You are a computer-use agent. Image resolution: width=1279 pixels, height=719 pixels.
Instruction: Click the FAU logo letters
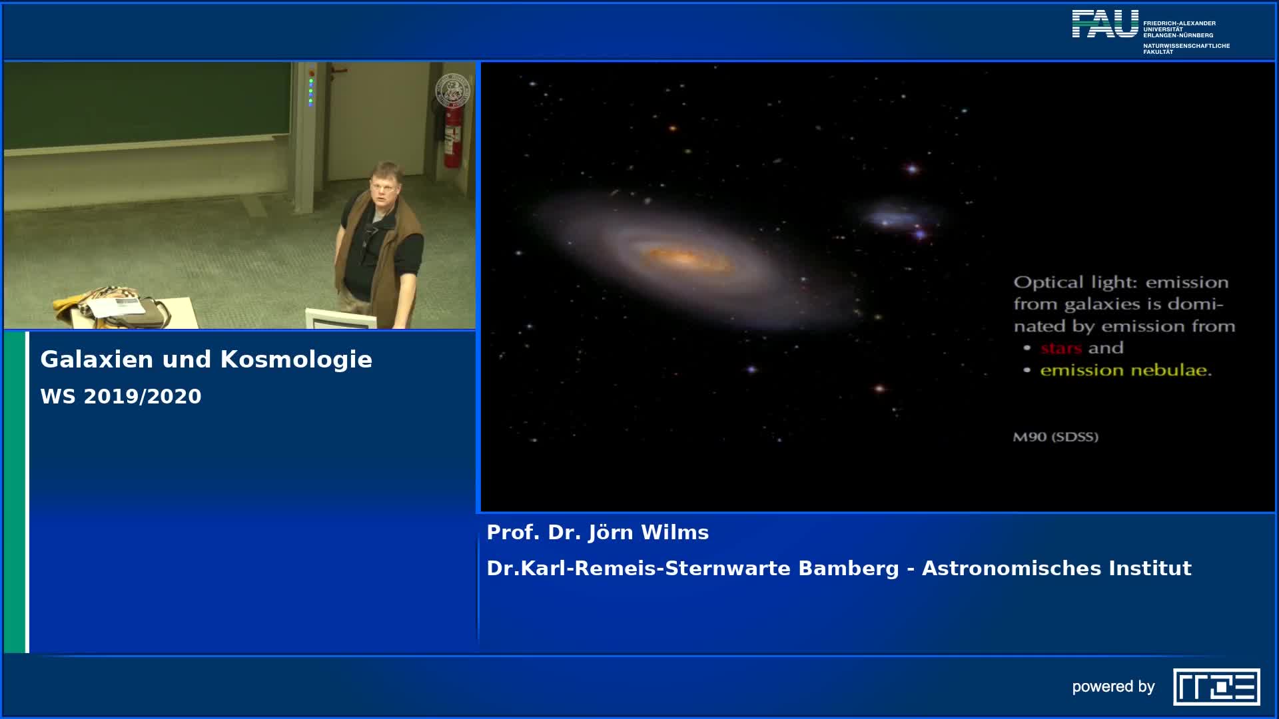click(1105, 24)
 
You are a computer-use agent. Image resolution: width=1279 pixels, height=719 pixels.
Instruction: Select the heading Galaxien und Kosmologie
click(206, 359)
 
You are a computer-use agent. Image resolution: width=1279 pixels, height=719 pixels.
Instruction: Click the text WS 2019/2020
click(121, 397)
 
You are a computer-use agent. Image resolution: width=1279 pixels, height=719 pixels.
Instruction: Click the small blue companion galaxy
click(899, 218)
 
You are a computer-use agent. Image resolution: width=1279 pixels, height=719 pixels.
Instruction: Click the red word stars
click(1061, 348)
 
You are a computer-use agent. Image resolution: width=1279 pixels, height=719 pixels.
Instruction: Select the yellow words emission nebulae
click(1125, 371)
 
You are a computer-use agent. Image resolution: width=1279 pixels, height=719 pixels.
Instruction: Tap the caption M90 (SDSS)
click(1055, 437)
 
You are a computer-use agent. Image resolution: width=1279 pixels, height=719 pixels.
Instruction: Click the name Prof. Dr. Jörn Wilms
click(598, 533)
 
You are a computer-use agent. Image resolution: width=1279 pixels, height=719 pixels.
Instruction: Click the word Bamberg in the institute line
click(848, 569)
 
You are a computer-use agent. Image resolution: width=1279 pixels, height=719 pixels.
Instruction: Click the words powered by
click(1113, 686)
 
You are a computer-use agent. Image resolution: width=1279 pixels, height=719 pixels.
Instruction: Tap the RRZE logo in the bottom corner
click(1216, 686)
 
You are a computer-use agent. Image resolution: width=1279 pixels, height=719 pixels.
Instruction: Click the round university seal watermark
click(453, 91)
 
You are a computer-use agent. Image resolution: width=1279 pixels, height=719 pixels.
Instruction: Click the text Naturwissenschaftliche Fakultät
click(1186, 49)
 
